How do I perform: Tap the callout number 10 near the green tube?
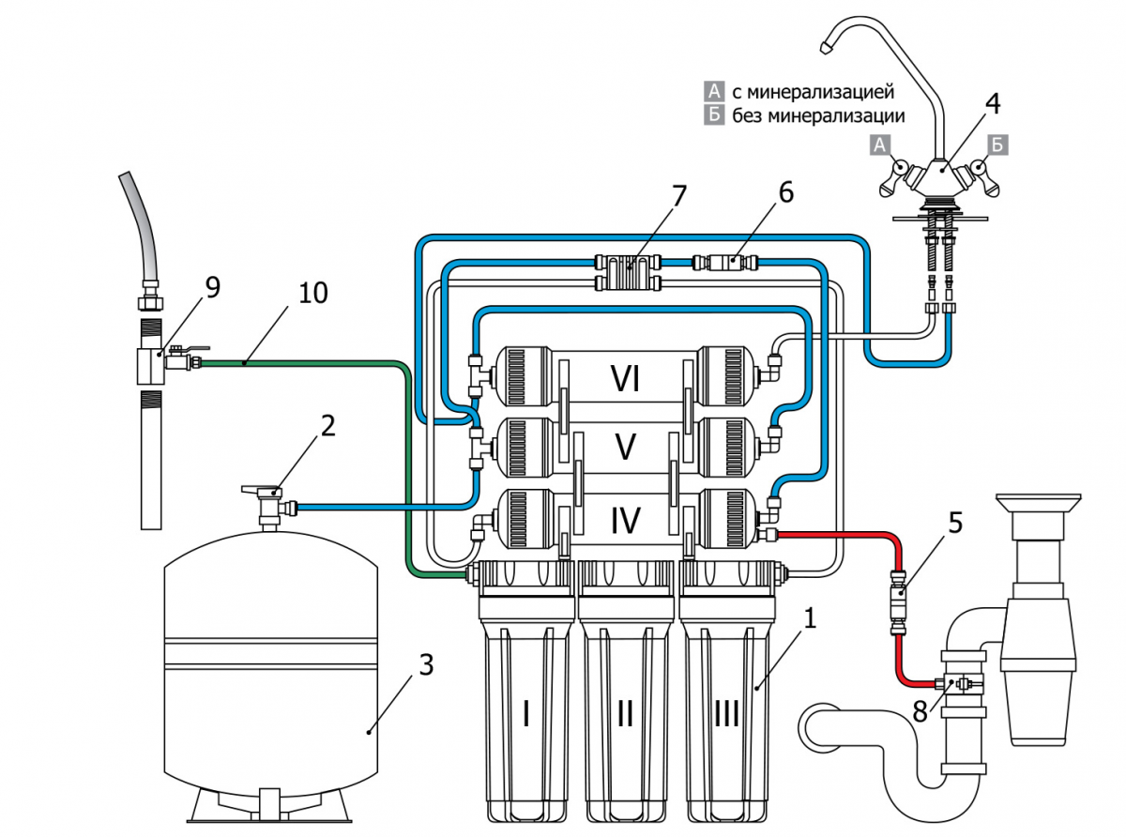(x=312, y=293)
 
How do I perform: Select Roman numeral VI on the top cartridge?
(x=625, y=378)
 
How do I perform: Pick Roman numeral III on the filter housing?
(x=726, y=713)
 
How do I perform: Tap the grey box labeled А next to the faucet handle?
(x=880, y=145)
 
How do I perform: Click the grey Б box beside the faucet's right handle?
(x=997, y=145)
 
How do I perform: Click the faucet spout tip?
(x=826, y=48)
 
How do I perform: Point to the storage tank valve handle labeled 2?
(x=260, y=490)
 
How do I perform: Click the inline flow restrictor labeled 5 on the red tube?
(x=899, y=602)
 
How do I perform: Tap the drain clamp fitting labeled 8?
(x=963, y=684)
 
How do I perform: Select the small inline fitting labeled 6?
(x=725, y=262)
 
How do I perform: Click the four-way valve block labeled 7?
(x=628, y=272)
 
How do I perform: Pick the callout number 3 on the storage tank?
(x=426, y=664)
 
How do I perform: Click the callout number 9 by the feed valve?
(x=213, y=287)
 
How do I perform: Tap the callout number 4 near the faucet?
(x=993, y=103)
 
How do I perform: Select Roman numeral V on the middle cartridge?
(x=625, y=447)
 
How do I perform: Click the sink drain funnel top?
(x=1038, y=502)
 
